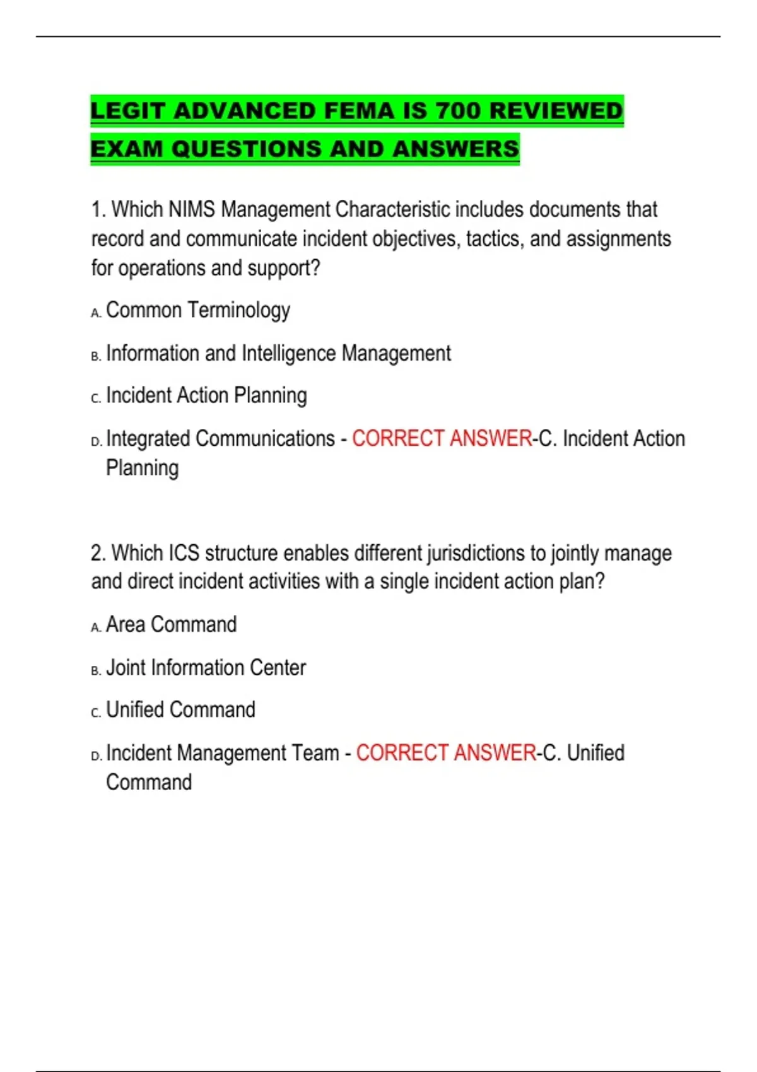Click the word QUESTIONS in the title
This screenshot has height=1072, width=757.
[x=247, y=149]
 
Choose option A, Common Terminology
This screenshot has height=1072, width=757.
[x=197, y=310]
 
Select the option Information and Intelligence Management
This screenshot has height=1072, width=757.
[x=278, y=353]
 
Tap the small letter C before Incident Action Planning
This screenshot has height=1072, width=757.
[x=95, y=399]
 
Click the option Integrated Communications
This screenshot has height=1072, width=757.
[x=220, y=438]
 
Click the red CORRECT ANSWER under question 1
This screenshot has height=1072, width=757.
[x=442, y=438]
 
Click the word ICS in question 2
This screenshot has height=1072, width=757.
[x=184, y=553]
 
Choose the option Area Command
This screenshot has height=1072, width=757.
[x=171, y=624]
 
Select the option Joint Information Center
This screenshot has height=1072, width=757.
[x=206, y=667]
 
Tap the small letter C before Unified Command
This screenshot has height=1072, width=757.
[x=95, y=713]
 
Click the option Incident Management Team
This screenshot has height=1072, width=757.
[x=223, y=752]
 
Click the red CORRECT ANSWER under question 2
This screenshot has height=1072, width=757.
[x=446, y=752]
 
